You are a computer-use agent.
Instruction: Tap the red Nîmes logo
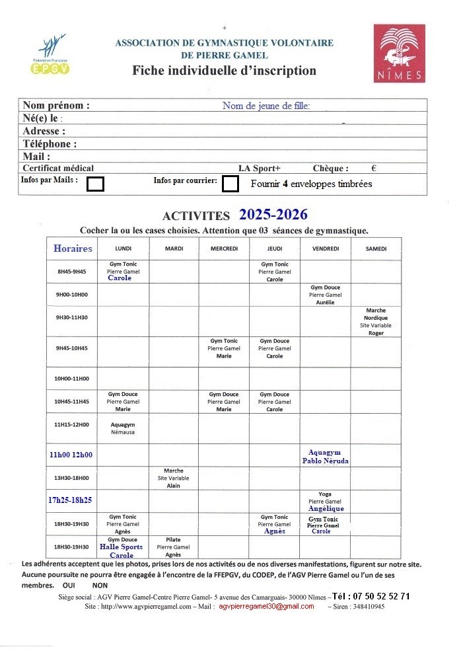(x=399, y=53)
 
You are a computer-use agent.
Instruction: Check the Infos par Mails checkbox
(x=96, y=184)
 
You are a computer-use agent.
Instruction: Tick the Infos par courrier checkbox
(x=230, y=183)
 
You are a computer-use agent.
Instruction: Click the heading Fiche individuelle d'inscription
(x=224, y=71)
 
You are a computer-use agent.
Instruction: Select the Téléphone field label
(x=50, y=144)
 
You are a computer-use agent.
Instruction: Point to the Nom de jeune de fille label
(x=266, y=106)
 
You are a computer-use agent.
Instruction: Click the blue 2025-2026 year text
(x=273, y=215)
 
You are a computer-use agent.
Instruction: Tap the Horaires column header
(x=73, y=248)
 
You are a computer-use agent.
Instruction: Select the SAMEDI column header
(x=376, y=248)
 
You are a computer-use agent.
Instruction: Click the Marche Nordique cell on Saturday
(x=376, y=322)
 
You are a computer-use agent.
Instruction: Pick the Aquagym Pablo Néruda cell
(x=325, y=456)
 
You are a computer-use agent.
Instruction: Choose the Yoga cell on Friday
(x=325, y=502)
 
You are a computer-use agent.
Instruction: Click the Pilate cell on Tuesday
(x=173, y=547)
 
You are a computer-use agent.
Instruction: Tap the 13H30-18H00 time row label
(x=72, y=478)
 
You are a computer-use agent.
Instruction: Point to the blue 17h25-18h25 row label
(x=70, y=500)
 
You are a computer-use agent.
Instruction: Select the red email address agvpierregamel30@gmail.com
(x=267, y=606)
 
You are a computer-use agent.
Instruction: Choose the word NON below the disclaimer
(x=100, y=586)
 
